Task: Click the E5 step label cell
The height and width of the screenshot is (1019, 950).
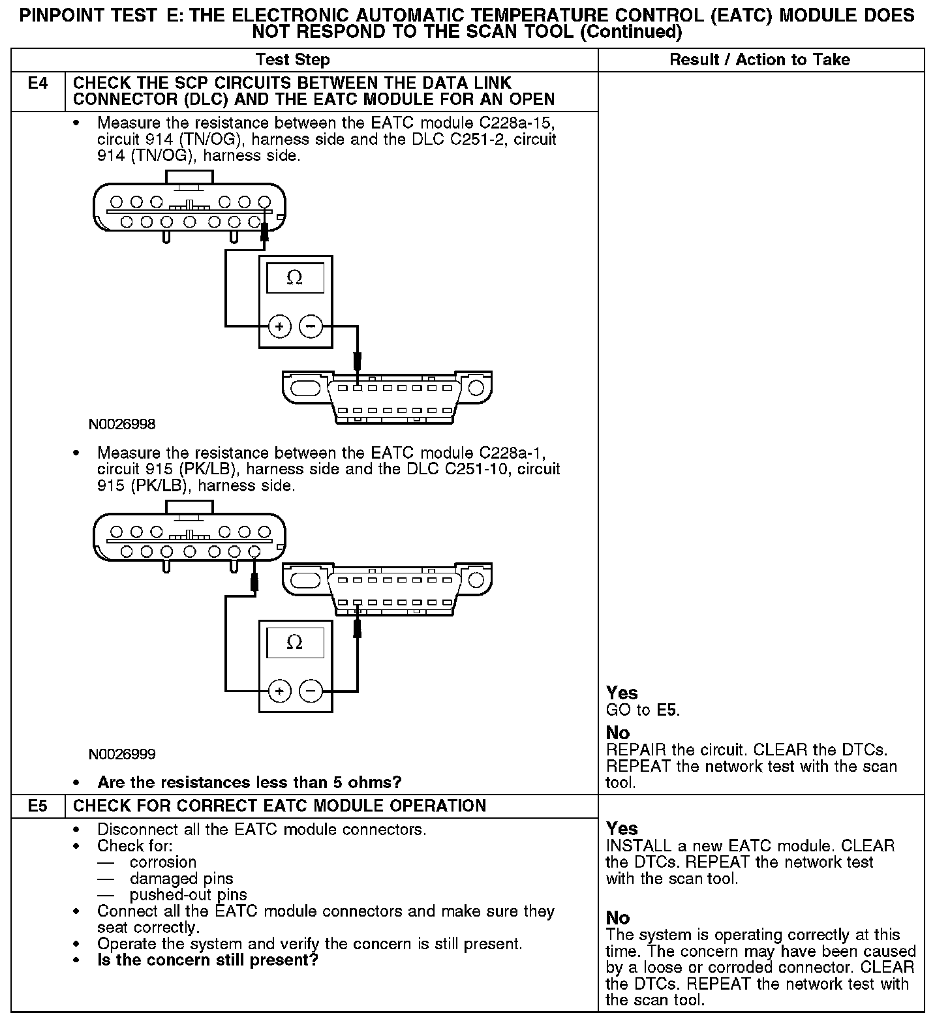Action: click(38, 806)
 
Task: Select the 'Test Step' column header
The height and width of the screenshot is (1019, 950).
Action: click(293, 60)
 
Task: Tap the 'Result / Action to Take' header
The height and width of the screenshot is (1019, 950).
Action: click(760, 60)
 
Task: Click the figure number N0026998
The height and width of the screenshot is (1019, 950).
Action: click(122, 424)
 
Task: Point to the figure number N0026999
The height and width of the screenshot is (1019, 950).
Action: click(122, 754)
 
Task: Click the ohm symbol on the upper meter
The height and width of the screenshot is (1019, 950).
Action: click(295, 279)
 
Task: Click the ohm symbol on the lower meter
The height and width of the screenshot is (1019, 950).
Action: click(295, 643)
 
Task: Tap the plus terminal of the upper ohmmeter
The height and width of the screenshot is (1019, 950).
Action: click(279, 326)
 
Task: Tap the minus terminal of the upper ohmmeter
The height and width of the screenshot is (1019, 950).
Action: click(311, 326)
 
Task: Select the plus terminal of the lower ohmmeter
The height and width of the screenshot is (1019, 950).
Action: click(279, 690)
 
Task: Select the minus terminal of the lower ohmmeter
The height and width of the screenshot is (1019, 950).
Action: click(311, 690)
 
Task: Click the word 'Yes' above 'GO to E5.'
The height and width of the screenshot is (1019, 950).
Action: click(622, 693)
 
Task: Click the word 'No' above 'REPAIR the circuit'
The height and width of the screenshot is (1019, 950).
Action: click(617, 733)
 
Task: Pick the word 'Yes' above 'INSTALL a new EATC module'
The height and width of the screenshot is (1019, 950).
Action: click(622, 829)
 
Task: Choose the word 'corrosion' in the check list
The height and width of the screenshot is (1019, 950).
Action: click(162, 862)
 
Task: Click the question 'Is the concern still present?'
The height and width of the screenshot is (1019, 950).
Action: click(207, 960)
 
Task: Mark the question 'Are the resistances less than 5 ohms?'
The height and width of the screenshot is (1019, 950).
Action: click(249, 782)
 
